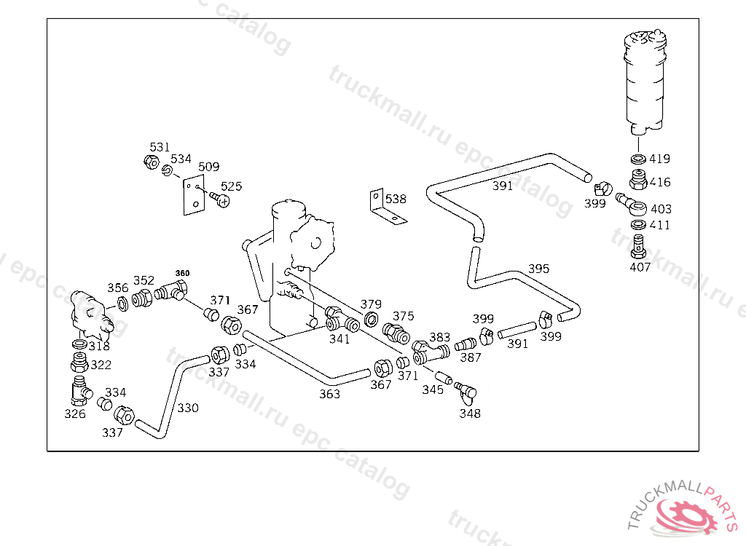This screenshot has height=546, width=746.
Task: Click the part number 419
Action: [660, 159]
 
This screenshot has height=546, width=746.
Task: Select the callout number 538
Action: [396, 199]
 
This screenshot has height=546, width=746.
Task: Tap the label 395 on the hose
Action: [538, 269]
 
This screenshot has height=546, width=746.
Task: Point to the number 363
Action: [329, 394]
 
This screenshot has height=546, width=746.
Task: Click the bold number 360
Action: [182, 273]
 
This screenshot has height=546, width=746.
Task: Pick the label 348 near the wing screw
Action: [469, 414]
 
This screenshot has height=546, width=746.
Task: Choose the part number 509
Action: [208, 167]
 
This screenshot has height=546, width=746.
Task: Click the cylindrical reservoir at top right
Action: [645, 80]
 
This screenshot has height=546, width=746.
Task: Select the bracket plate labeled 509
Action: [192, 196]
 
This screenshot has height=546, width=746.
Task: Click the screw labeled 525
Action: [218, 197]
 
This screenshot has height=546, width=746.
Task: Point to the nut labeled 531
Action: [152, 162]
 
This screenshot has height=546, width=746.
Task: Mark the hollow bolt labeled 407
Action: [638, 246]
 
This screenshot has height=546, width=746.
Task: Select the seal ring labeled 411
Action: [638, 224]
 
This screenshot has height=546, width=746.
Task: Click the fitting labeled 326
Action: [79, 389]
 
